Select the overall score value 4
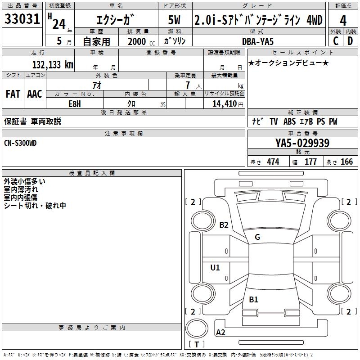pyautogui.click(x=343, y=20)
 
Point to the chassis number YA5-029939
pyautogui.click(x=302, y=144)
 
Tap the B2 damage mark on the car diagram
pyautogui.click(x=224, y=225)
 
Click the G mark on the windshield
pyautogui.click(x=257, y=237)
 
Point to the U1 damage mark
pyautogui.click(x=215, y=268)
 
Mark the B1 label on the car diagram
pyautogui.click(x=253, y=299)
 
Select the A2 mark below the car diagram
pyautogui.click(x=220, y=333)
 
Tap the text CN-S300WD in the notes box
pyautogui.click(x=20, y=143)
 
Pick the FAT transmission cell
pyautogui.click(x=13, y=94)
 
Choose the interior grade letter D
pyautogui.click(x=350, y=41)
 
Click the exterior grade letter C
pyautogui.click(x=335, y=41)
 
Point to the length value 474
pyautogui.click(x=273, y=162)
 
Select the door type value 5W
pyautogui.click(x=175, y=20)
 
